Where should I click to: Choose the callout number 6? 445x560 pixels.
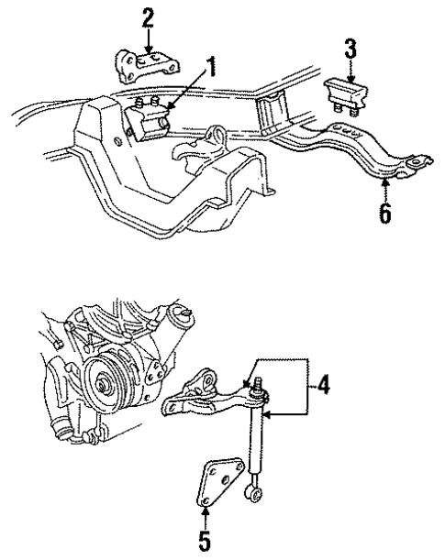click(x=385, y=214)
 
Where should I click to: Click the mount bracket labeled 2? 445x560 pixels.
click(x=147, y=69)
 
